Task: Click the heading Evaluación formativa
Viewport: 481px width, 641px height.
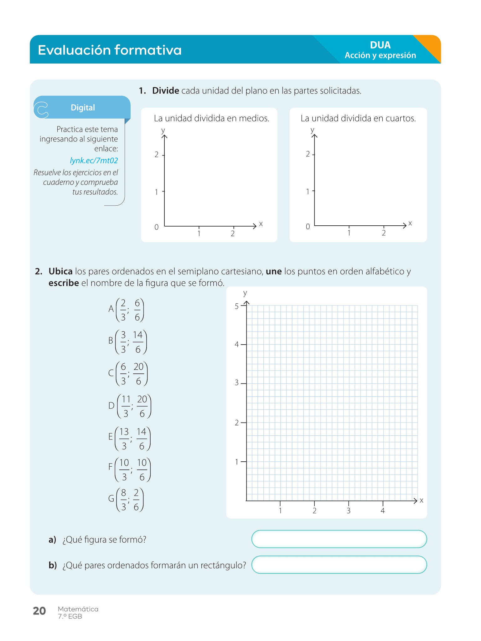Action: pos(110,50)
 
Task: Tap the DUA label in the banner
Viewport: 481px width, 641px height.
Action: pos(380,45)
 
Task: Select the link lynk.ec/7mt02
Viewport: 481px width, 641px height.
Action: pos(94,161)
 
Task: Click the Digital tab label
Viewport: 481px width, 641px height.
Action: pos(83,108)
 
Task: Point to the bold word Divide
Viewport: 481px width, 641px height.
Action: pos(165,91)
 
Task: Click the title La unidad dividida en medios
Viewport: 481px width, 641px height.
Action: pos(211,118)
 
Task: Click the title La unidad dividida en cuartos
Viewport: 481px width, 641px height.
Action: pos(358,118)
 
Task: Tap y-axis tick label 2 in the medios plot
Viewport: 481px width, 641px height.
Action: pos(157,155)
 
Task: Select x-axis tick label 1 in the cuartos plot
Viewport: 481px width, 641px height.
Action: pos(349,233)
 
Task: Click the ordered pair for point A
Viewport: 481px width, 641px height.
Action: pos(126,310)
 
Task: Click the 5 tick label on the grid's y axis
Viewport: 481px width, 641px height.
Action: pos(237,306)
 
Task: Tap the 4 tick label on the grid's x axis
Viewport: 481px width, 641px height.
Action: pos(382,511)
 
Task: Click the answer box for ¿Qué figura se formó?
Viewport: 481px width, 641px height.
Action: pos(339,539)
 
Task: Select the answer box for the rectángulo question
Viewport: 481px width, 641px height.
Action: pos(339,565)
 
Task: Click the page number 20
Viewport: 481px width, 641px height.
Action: pos(39,611)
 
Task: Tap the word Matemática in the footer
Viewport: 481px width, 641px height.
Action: pos(78,609)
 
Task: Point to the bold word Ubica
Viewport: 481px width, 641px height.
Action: pos(60,271)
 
